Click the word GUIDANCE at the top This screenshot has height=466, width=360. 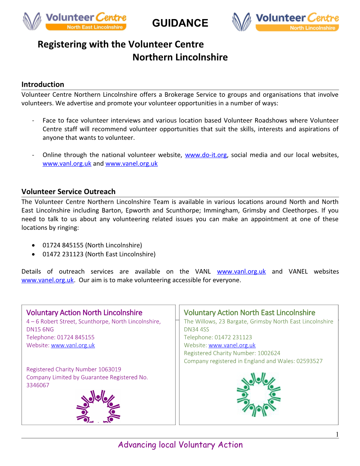point(180,23)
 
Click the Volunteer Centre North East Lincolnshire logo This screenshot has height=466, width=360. point(75,21)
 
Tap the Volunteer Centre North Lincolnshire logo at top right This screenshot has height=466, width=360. point(285,22)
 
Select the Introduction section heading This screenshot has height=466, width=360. point(43,84)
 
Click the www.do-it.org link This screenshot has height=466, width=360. point(206,155)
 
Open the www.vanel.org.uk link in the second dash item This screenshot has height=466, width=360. point(131,163)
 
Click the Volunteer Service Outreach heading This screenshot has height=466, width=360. point(68,192)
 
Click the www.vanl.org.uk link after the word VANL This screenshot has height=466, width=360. point(241,271)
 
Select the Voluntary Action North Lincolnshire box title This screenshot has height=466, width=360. point(84,312)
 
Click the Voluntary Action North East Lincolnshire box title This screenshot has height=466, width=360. point(250,312)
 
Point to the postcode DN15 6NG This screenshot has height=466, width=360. point(40,329)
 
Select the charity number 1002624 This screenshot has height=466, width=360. point(269,353)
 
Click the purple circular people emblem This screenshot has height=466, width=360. point(98,406)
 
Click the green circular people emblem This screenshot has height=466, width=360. point(259,394)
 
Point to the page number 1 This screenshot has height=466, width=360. point(337,434)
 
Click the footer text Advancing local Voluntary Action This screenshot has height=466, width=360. point(180,445)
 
